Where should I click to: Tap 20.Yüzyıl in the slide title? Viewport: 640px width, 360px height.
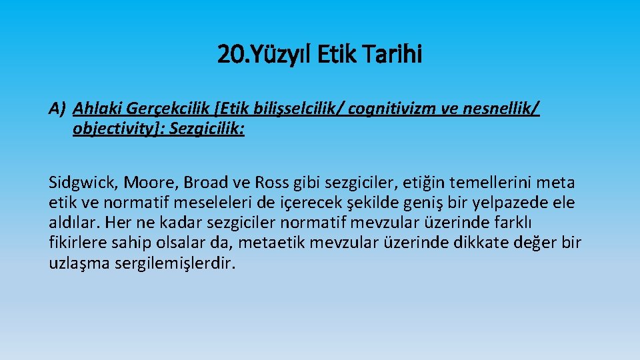click(261, 55)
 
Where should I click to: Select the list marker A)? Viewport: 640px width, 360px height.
click(57, 108)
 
